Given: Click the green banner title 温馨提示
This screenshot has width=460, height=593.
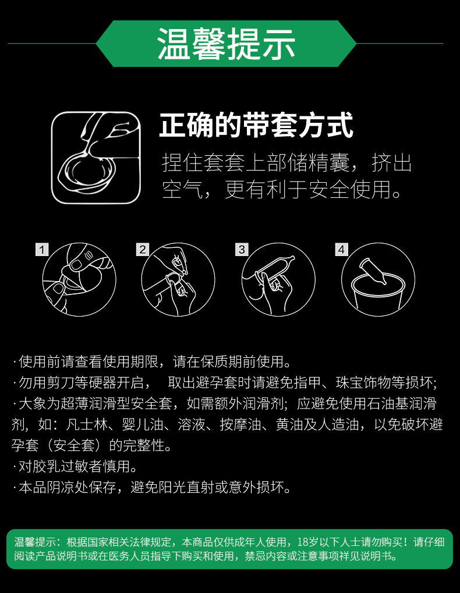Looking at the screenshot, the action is (226, 44).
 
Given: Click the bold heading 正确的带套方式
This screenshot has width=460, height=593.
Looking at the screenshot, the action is (256, 125).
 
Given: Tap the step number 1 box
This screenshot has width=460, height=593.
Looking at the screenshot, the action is (42, 250).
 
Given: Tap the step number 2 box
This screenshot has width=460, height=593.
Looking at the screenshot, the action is (143, 250).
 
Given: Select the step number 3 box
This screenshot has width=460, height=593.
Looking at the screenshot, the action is (242, 250).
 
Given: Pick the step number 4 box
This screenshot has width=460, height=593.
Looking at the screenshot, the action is (342, 250).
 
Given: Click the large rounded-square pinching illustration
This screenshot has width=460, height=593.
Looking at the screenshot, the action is (95, 158).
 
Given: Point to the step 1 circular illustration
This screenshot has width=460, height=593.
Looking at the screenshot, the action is (79, 279).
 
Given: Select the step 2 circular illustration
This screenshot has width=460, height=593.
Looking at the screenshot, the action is (178, 279).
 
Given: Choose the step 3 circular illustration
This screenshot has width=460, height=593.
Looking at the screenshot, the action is (278, 279).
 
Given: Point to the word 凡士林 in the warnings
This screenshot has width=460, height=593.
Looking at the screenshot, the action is (87, 424).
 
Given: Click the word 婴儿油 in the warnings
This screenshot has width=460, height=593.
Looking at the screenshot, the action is (143, 424).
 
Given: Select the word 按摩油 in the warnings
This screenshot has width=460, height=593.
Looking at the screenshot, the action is (240, 424).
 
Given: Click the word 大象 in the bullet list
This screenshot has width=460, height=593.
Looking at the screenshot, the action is (33, 403).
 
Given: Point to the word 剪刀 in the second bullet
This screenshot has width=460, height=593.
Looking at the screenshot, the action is (61, 382).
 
